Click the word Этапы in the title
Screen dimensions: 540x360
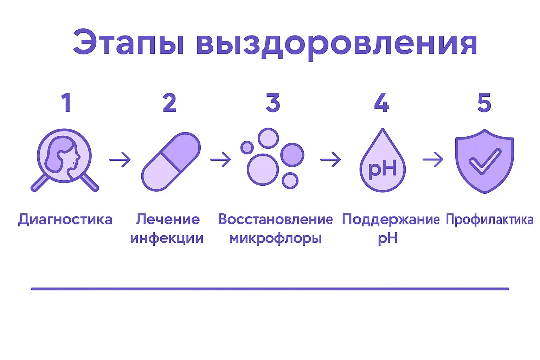(x=128, y=43)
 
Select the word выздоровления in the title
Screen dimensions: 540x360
(x=336, y=44)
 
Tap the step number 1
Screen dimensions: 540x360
(x=66, y=103)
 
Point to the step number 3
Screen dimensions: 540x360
(x=273, y=103)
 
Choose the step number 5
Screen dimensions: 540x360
(x=484, y=103)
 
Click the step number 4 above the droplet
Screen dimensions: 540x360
(x=382, y=103)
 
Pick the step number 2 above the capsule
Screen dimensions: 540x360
(x=169, y=103)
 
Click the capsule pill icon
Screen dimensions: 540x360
(x=171, y=162)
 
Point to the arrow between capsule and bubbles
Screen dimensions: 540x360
(x=221, y=160)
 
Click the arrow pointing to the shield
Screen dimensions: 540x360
(x=433, y=160)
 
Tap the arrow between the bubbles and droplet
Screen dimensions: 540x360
(x=330, y=160)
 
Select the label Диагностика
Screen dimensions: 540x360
(x=65, y=220)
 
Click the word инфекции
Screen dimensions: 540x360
(x=167, y=238)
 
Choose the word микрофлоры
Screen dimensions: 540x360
(x=275, y=238)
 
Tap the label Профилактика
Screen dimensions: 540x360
(x=489, y=220)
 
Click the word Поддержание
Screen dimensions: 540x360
(x=390, y=220)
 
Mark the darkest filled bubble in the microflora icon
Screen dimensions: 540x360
(x=292, y=155)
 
